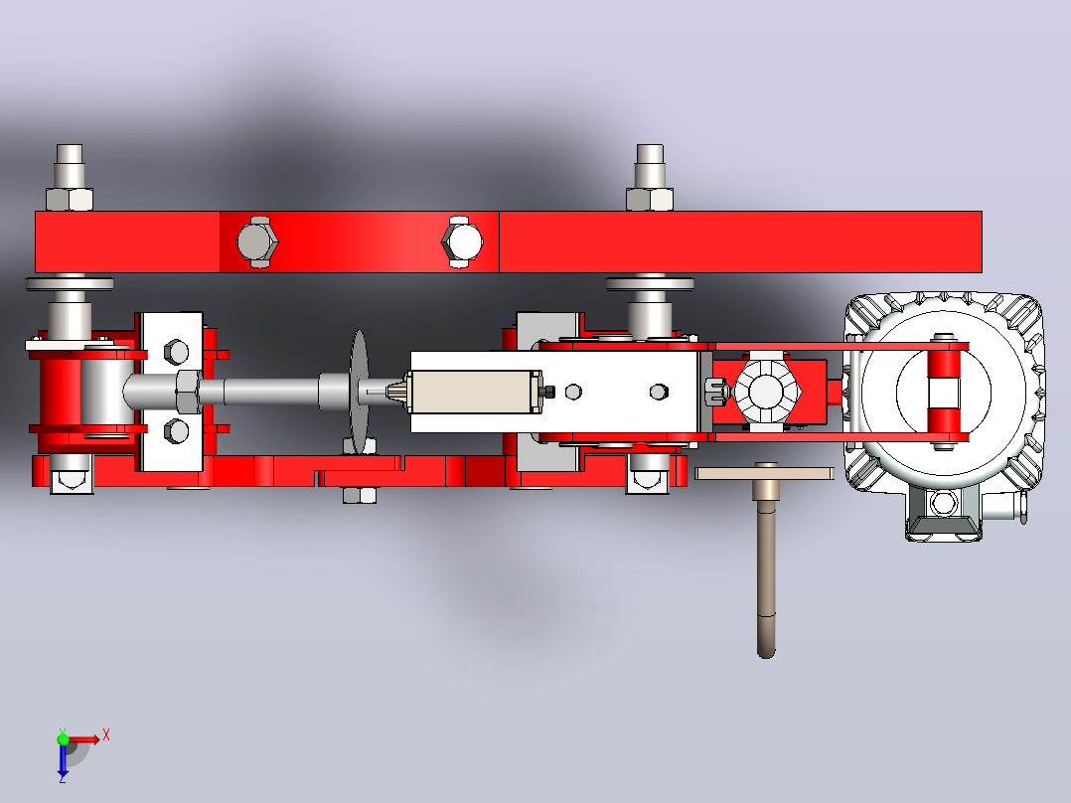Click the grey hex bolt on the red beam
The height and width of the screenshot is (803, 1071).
256,241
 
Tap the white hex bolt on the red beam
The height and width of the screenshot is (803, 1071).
462,241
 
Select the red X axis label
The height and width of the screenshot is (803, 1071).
106,735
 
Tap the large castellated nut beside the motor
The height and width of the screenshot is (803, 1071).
766,392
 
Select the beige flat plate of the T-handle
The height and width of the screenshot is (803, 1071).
764,473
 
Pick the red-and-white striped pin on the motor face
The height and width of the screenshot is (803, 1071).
943,392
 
